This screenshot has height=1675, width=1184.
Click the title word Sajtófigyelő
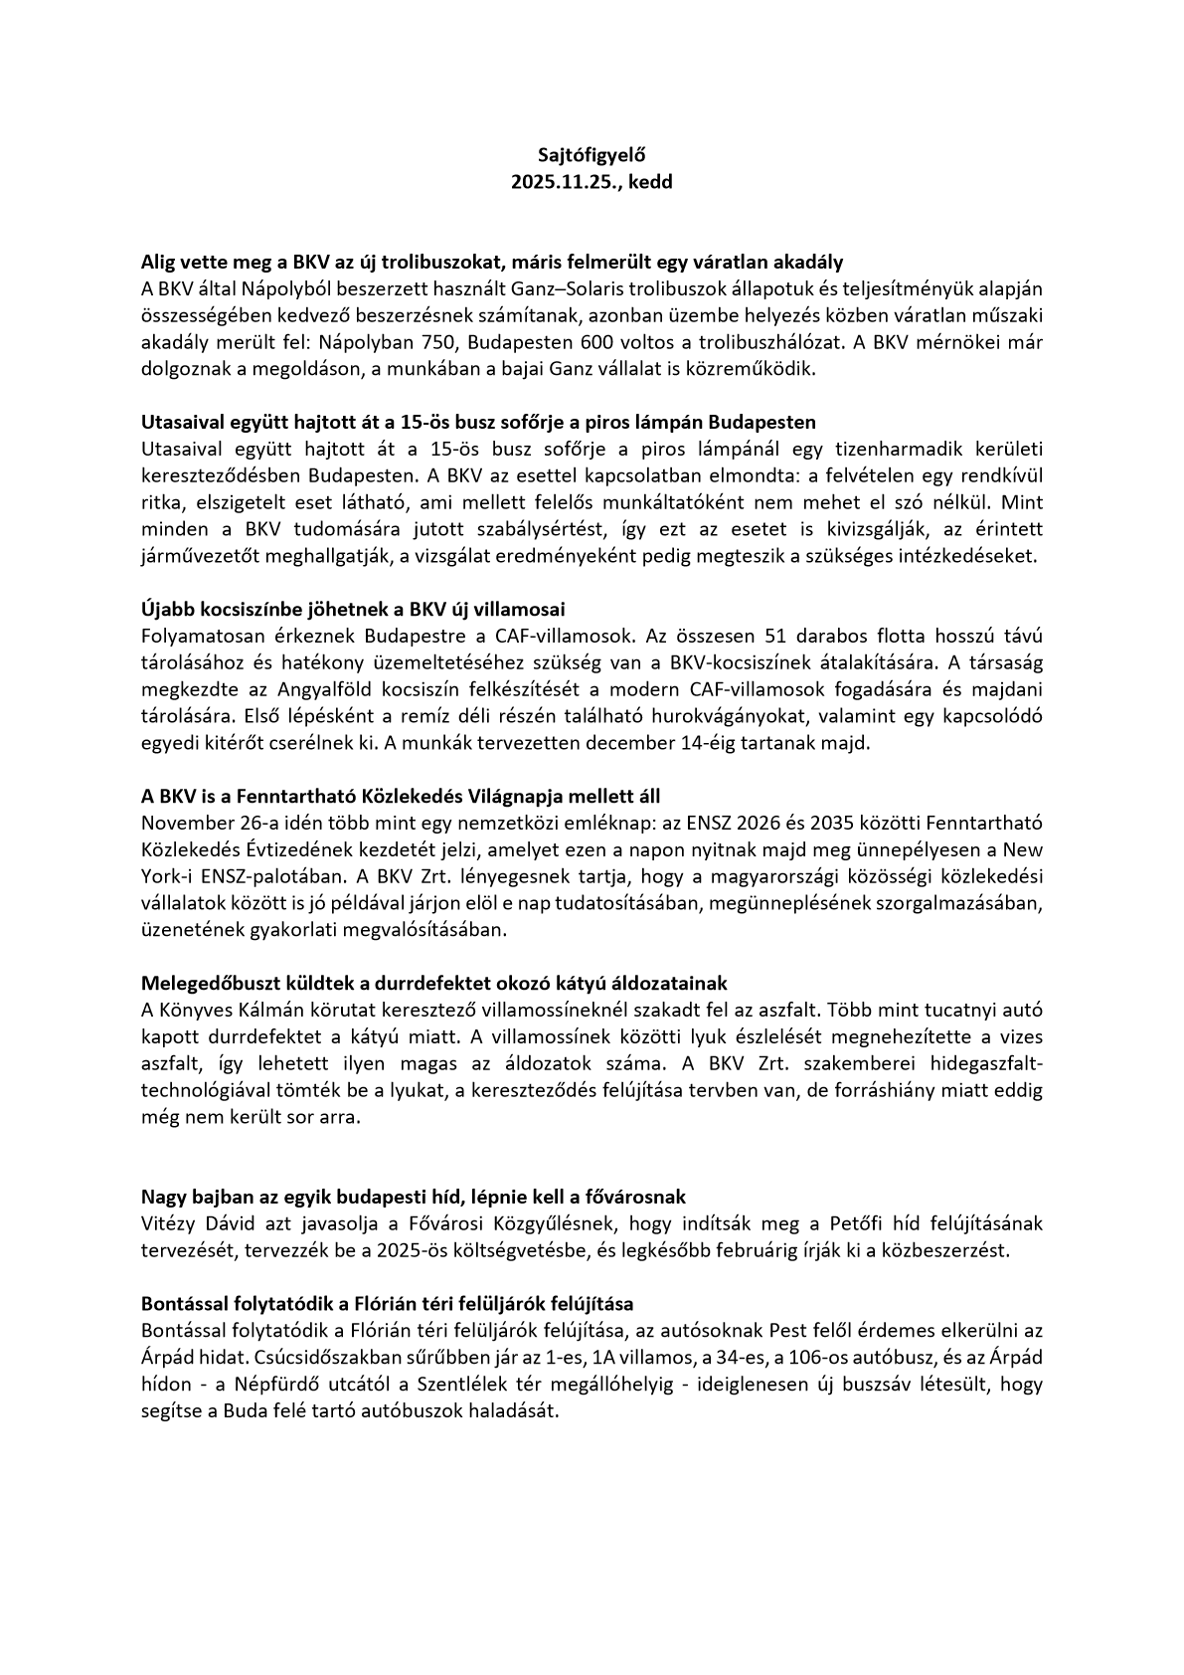tap(592, 155)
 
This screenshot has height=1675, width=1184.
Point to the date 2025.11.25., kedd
tap(592, 183)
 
